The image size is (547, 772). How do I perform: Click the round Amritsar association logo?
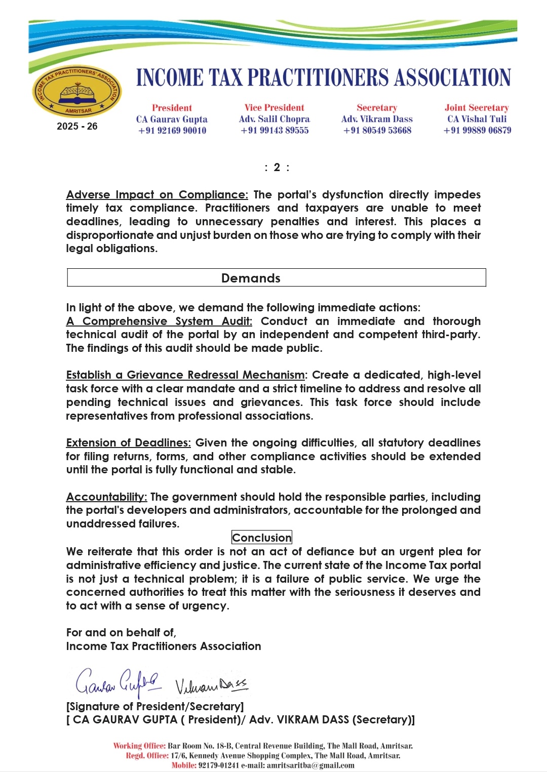coord(77,92)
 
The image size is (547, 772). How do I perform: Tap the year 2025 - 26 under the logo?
coord(77,127)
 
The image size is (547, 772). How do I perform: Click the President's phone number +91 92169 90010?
coord(172,131)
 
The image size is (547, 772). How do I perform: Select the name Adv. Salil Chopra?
coord(274,119)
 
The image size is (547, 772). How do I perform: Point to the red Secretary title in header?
coord(377,108)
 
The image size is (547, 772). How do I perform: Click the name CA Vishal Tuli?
coord(477,119)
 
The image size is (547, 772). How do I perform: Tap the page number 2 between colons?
coord(277,168)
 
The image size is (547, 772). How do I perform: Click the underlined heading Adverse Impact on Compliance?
coord(157,195)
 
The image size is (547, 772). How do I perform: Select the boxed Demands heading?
coord(251,278)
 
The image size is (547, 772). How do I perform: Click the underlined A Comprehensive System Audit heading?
coord(159,321)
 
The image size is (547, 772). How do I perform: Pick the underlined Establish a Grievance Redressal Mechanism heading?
coord(185,375)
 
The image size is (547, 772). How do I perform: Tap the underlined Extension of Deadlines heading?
coord(129,443)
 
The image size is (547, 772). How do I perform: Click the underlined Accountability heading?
coord(106,497)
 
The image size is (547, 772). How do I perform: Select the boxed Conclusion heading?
coord(261,538)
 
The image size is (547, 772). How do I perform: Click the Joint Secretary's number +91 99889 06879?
coord(477,131)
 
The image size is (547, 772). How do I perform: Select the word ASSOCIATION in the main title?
coord(452,78)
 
